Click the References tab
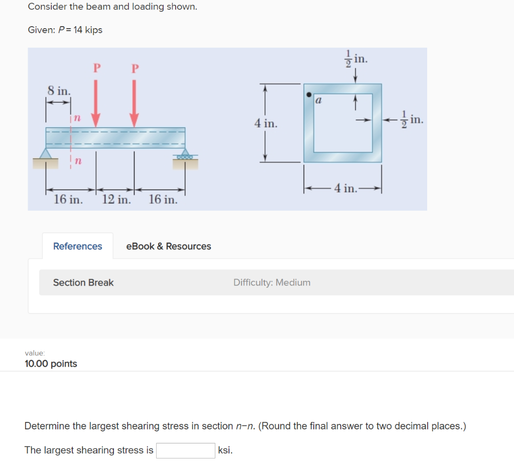tap(77, 246)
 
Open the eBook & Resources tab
tap(168, 246)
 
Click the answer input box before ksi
tap(185, 450)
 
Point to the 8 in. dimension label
tap(59, 91)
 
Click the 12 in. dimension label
tap(116, 200)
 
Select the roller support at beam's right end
tap(186, 154)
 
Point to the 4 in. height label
tap(265, 123)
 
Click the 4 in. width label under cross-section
tap(345, 189)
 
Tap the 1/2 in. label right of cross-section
tap(413, 120)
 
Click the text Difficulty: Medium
tap(272, 282)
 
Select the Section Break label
tap(83, 282)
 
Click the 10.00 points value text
tap(51, 364)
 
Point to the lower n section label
tap(78, 161)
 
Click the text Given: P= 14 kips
tap(65, 30)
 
